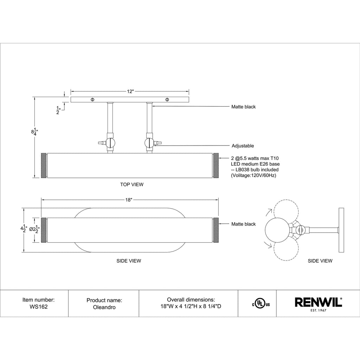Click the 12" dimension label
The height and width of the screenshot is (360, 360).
pyautogui.click(x=130, y=91)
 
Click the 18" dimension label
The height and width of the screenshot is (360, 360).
pyautogui.click(x=129, y=200)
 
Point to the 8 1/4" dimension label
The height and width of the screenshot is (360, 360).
pyautogui.click(x=34, y=132)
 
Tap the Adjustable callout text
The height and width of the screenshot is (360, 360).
pyautogui.click(x=243, y=146)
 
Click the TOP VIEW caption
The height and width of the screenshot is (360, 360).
pyautogui.click(x=132, y=184)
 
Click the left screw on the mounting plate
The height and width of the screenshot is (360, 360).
pyautogui.click(x=92, y=99)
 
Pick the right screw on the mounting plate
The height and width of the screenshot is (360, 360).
pyautogui.click(x=167, y=99)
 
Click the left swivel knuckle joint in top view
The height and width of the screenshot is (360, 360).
pyautogui.click(x=110, y=143)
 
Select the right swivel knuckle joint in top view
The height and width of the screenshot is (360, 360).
pyautogui.click(x=149, y=143)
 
